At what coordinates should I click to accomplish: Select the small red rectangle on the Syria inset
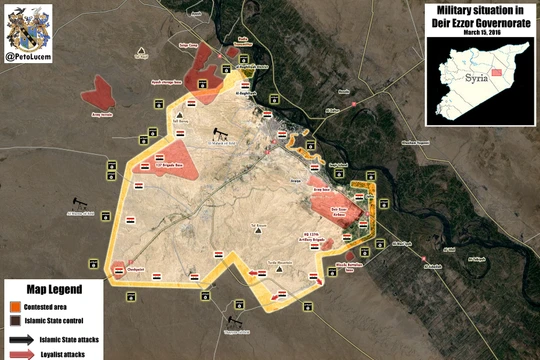(x=494, y=87)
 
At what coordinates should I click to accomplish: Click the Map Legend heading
(x=48, y=290)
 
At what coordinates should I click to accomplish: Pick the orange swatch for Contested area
(x=14, y=306)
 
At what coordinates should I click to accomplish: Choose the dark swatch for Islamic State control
(x=14, y=321)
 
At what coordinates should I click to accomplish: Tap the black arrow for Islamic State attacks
(x=17, y=338)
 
